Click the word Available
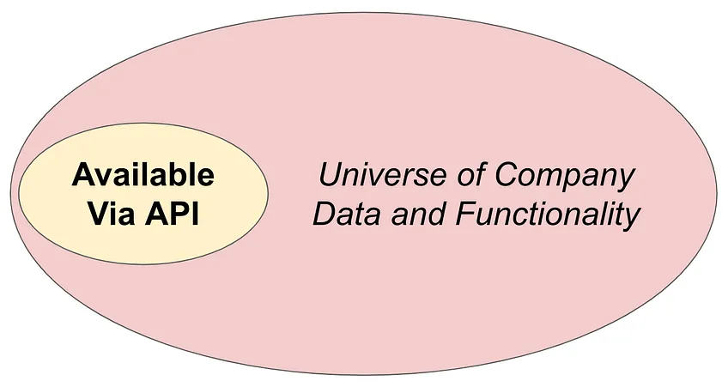coord(143,174)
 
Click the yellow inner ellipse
coord(143,194)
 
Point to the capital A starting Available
coord(83,174)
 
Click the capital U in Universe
coord(331,174)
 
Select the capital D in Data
coord(327,214)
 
